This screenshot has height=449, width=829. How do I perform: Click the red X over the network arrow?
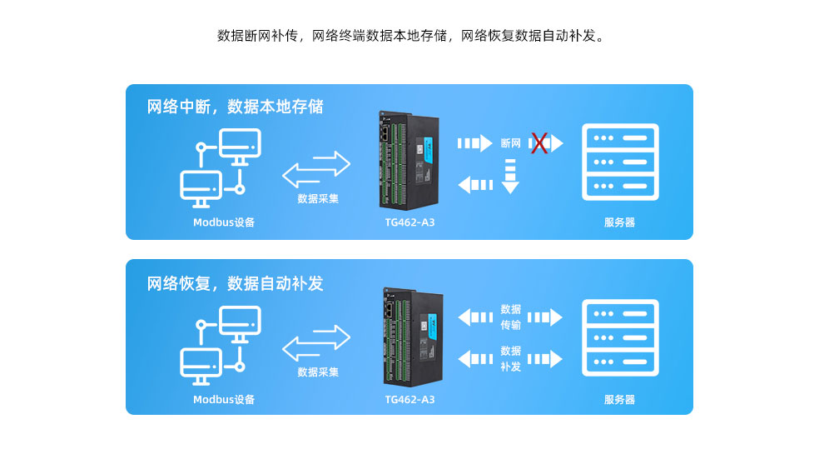tap(539, 143)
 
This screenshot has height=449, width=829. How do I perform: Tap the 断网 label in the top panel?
tap(510, 143)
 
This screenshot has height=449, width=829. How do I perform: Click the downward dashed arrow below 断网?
tap(510, 177)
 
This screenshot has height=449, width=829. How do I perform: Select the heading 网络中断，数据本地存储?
tap(235, 107)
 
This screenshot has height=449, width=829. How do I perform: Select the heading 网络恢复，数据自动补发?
tap(235, 283)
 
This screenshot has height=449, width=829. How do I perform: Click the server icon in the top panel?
tap(620, 162)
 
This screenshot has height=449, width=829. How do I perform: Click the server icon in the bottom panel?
tap(620, 337)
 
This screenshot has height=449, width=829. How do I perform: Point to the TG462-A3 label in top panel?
tap(410, 222)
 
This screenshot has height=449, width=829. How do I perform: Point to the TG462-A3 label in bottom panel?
tap(410, 400)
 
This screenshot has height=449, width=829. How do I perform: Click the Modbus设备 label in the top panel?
tap(224, 222)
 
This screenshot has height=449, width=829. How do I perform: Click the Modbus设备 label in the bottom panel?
tap(224, 400)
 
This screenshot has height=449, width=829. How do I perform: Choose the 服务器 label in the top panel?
tap(619, 222)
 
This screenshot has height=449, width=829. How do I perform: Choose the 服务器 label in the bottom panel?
tap(619, 400)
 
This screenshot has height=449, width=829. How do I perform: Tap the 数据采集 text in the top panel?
tap(318, 198)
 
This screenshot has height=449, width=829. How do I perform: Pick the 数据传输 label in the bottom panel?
tap(510, 317)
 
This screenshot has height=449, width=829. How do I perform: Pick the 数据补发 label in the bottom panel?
tap(510, 358)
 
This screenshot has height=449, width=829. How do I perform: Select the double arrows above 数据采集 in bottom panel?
tap(316, 342)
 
